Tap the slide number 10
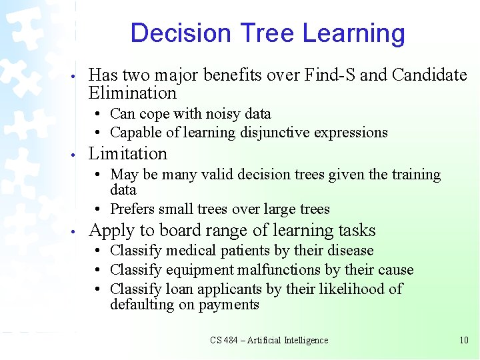pos(464,340)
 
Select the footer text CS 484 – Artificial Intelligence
pos(269,340)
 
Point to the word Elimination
pos(132,93)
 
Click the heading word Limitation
pos(127,153)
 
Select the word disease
pos(350,251)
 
